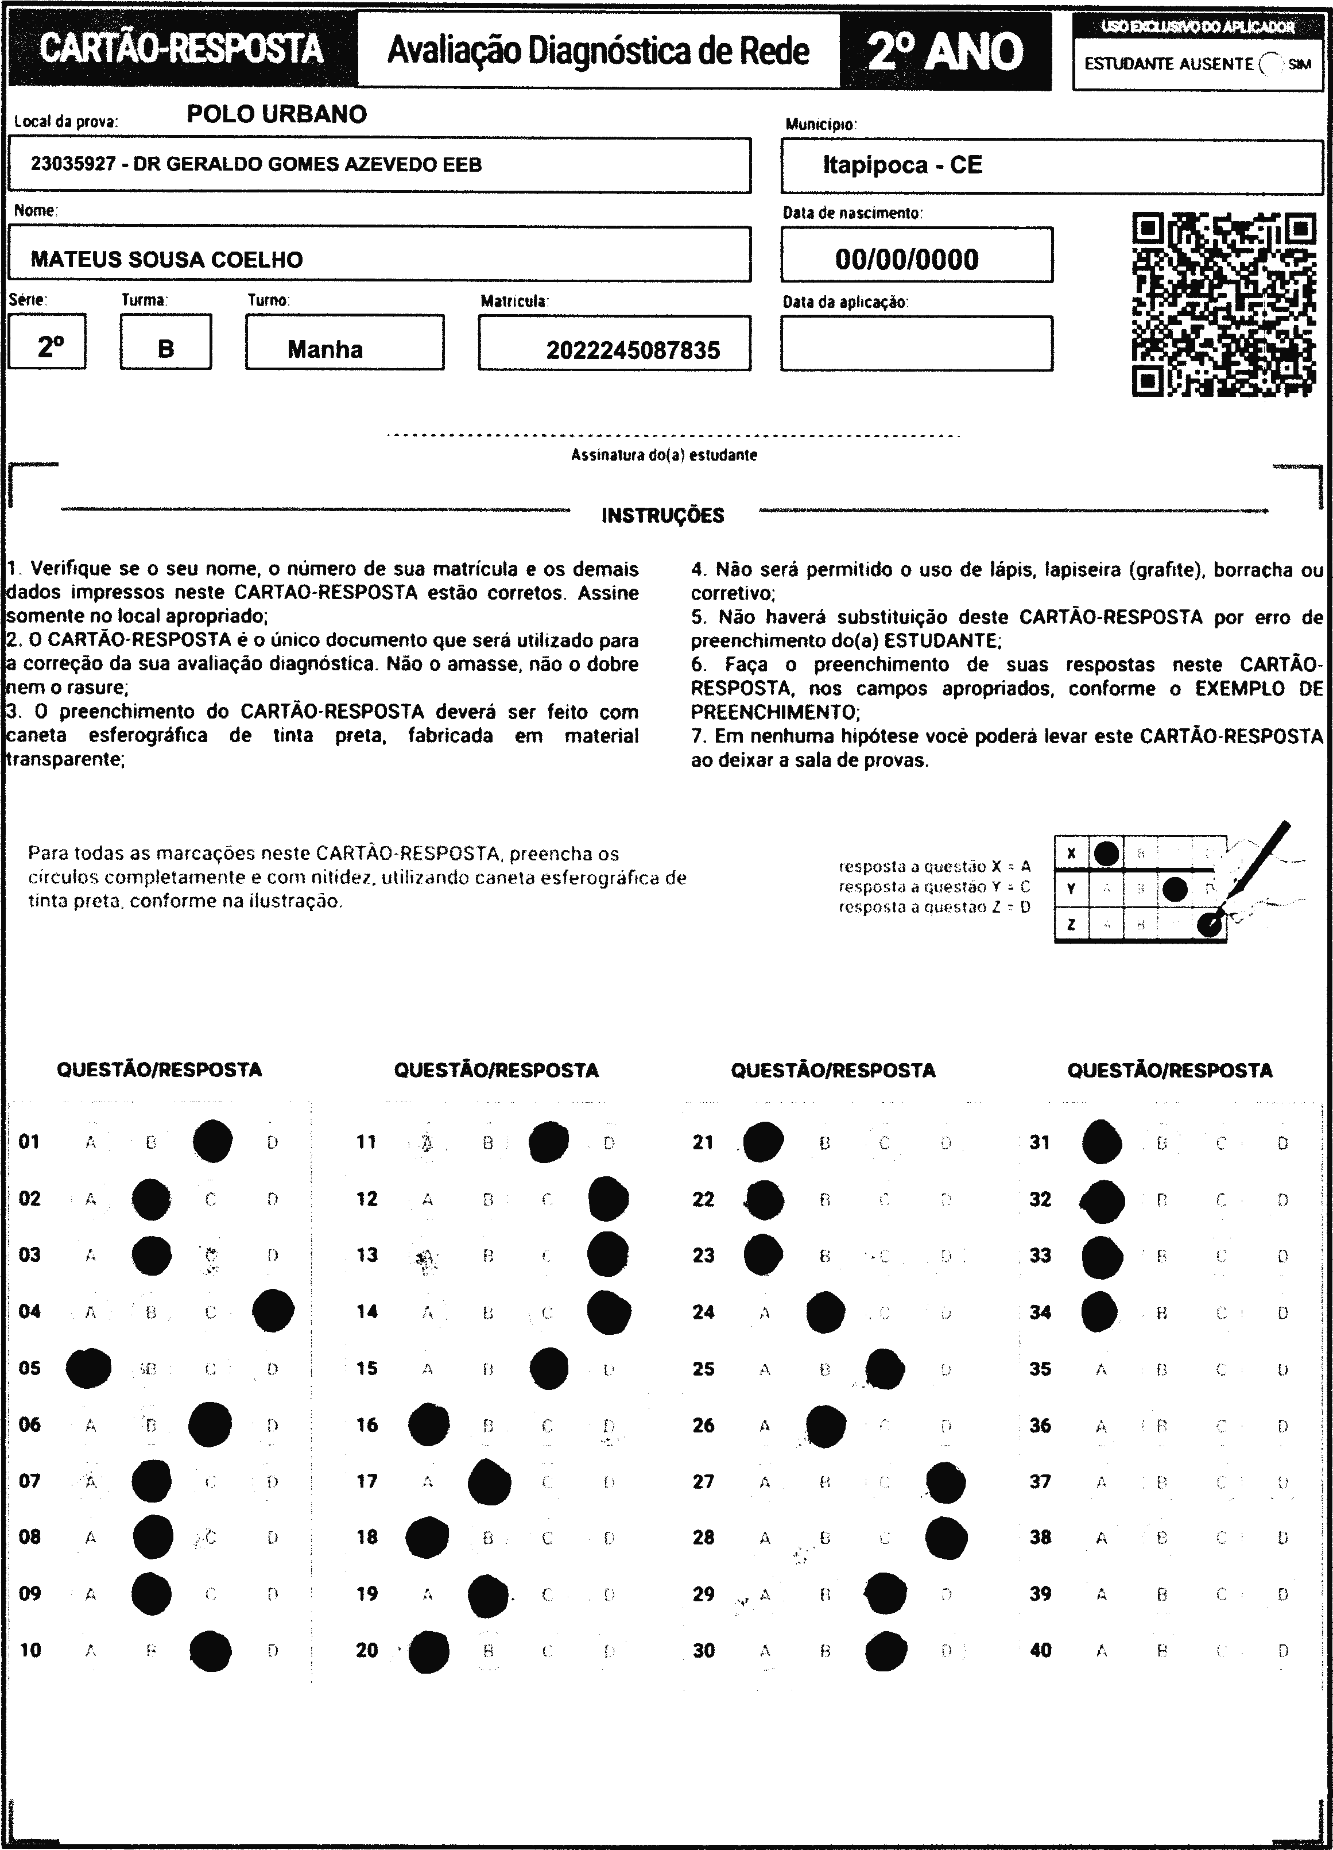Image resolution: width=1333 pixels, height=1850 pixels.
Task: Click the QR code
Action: [x=1224, y=304]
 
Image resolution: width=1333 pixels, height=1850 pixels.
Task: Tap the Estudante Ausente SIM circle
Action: [x=1270, y=64]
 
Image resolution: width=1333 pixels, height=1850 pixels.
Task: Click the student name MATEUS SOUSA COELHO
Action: [x=166, y=260]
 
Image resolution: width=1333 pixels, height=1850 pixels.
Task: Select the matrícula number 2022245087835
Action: [x=633, y=350]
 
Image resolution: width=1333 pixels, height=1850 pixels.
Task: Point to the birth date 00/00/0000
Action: [x=906, y=260]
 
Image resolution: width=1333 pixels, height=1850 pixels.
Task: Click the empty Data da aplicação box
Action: [x=916, y=343]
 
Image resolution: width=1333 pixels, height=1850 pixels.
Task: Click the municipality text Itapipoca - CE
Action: [x=902, y=165]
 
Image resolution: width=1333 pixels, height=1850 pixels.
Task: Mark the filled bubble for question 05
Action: [x=89, y=1368]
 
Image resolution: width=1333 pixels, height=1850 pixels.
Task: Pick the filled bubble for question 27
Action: [x=945, y=1482]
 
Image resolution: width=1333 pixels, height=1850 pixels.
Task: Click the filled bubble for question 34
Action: [x=1100, y=1312]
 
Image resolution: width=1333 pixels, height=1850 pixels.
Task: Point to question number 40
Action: [x=1040, y=1650]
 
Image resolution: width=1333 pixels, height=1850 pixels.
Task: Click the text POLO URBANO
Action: [x=276, y=114]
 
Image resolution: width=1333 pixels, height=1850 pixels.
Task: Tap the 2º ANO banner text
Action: [x=945, y=51]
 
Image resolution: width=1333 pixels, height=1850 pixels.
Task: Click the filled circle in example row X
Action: [x=1106, y=853]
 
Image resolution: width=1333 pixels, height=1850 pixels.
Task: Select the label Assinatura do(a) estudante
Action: [x=664, y=455]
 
